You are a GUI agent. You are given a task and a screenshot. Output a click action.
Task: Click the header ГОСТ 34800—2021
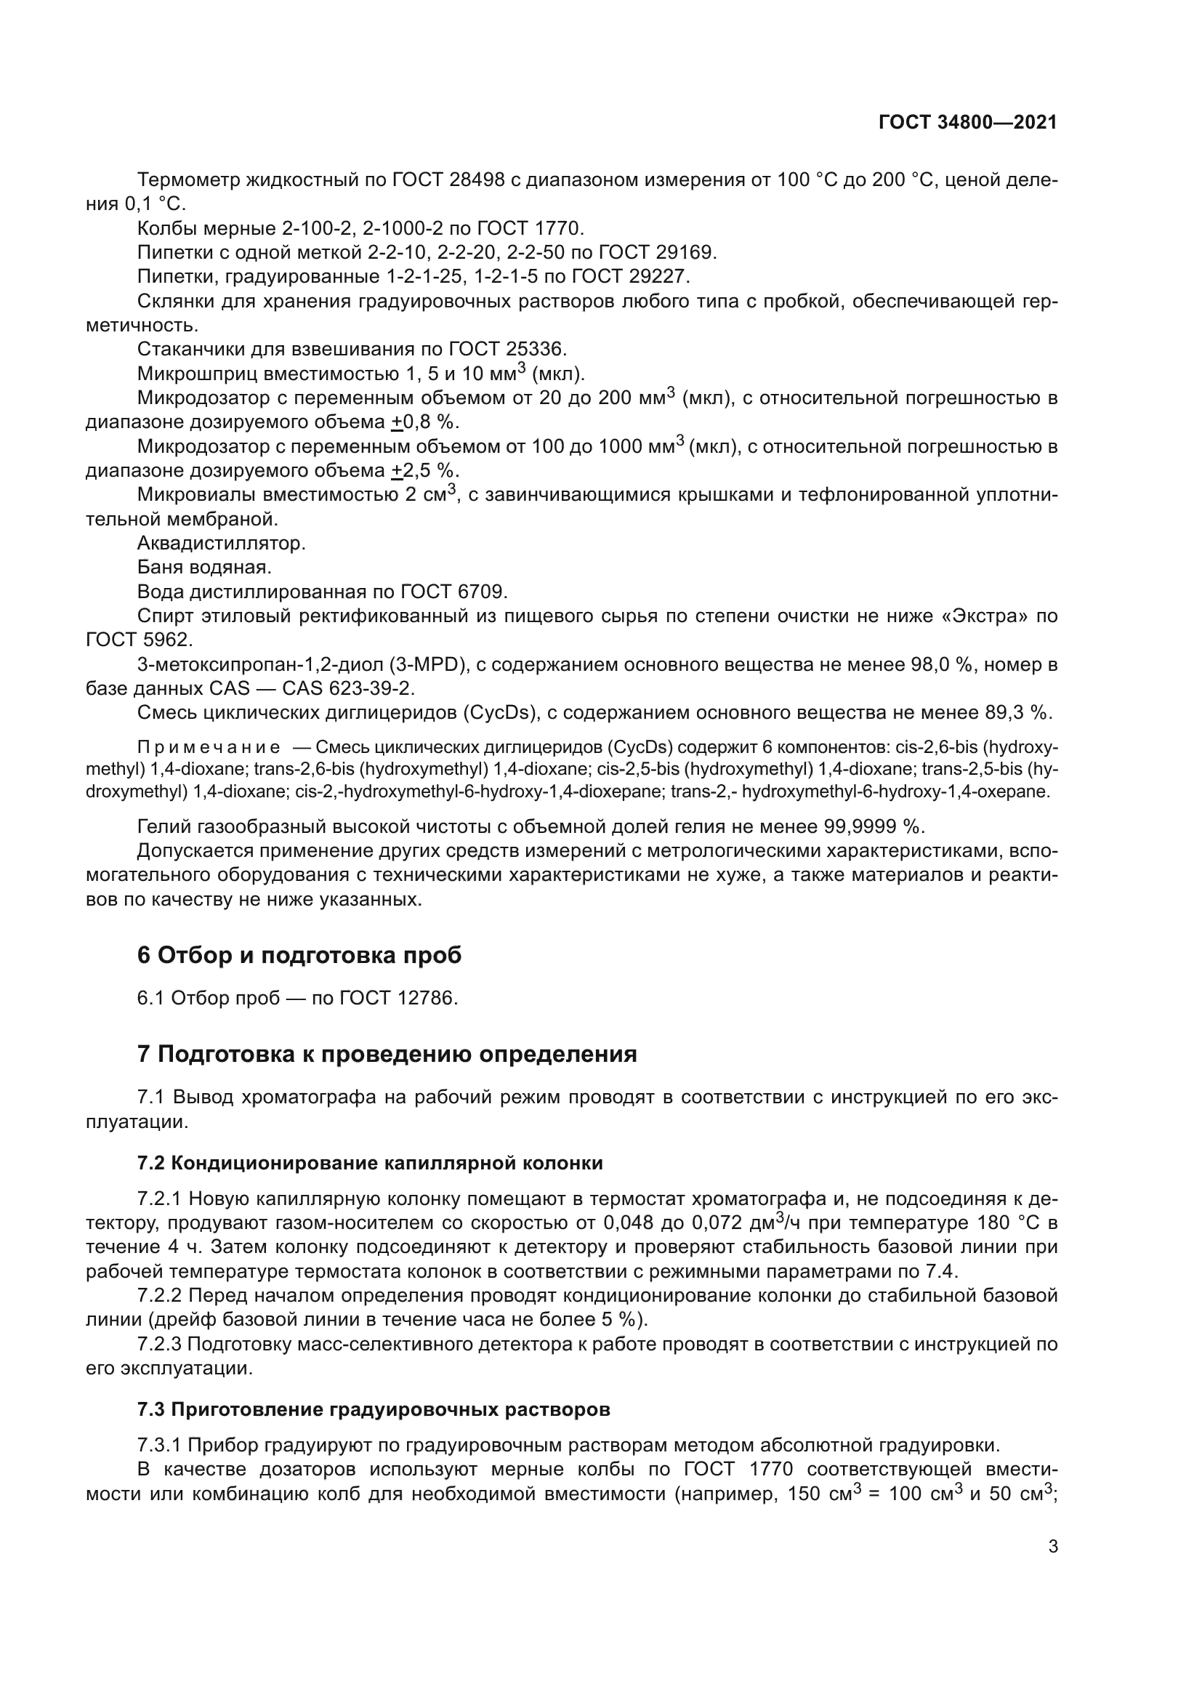(967, 123)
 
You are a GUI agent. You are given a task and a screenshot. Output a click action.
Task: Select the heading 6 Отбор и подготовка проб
(299, 955)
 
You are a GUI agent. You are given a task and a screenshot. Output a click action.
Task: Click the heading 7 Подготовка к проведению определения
(387, 1054)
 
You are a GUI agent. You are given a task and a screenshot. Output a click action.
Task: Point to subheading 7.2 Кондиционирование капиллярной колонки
(370, 1163)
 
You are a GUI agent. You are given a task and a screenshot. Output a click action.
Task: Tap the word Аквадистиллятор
(222, 544)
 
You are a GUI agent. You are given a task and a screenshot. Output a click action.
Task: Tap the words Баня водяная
(204, 568)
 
